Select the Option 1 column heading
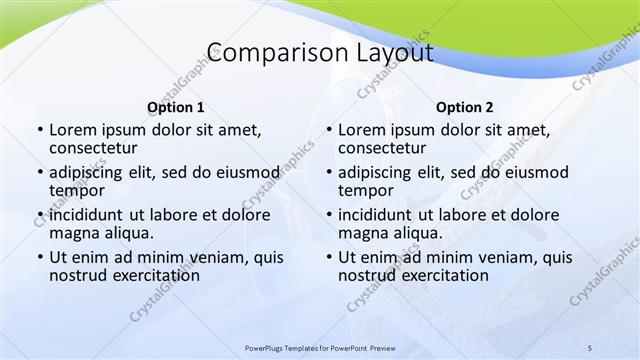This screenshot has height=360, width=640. pos(175,107)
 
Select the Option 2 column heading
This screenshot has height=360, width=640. pos(464,107)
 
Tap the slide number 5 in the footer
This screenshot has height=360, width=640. pos(590,347)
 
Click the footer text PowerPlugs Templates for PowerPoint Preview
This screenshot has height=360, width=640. pos(320,347)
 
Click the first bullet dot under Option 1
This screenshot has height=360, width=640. pos(40,131)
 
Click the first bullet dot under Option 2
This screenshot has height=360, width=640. pos(329,131)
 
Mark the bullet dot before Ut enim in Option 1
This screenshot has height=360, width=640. pos(40,258)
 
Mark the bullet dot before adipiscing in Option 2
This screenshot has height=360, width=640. pos(329,173)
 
